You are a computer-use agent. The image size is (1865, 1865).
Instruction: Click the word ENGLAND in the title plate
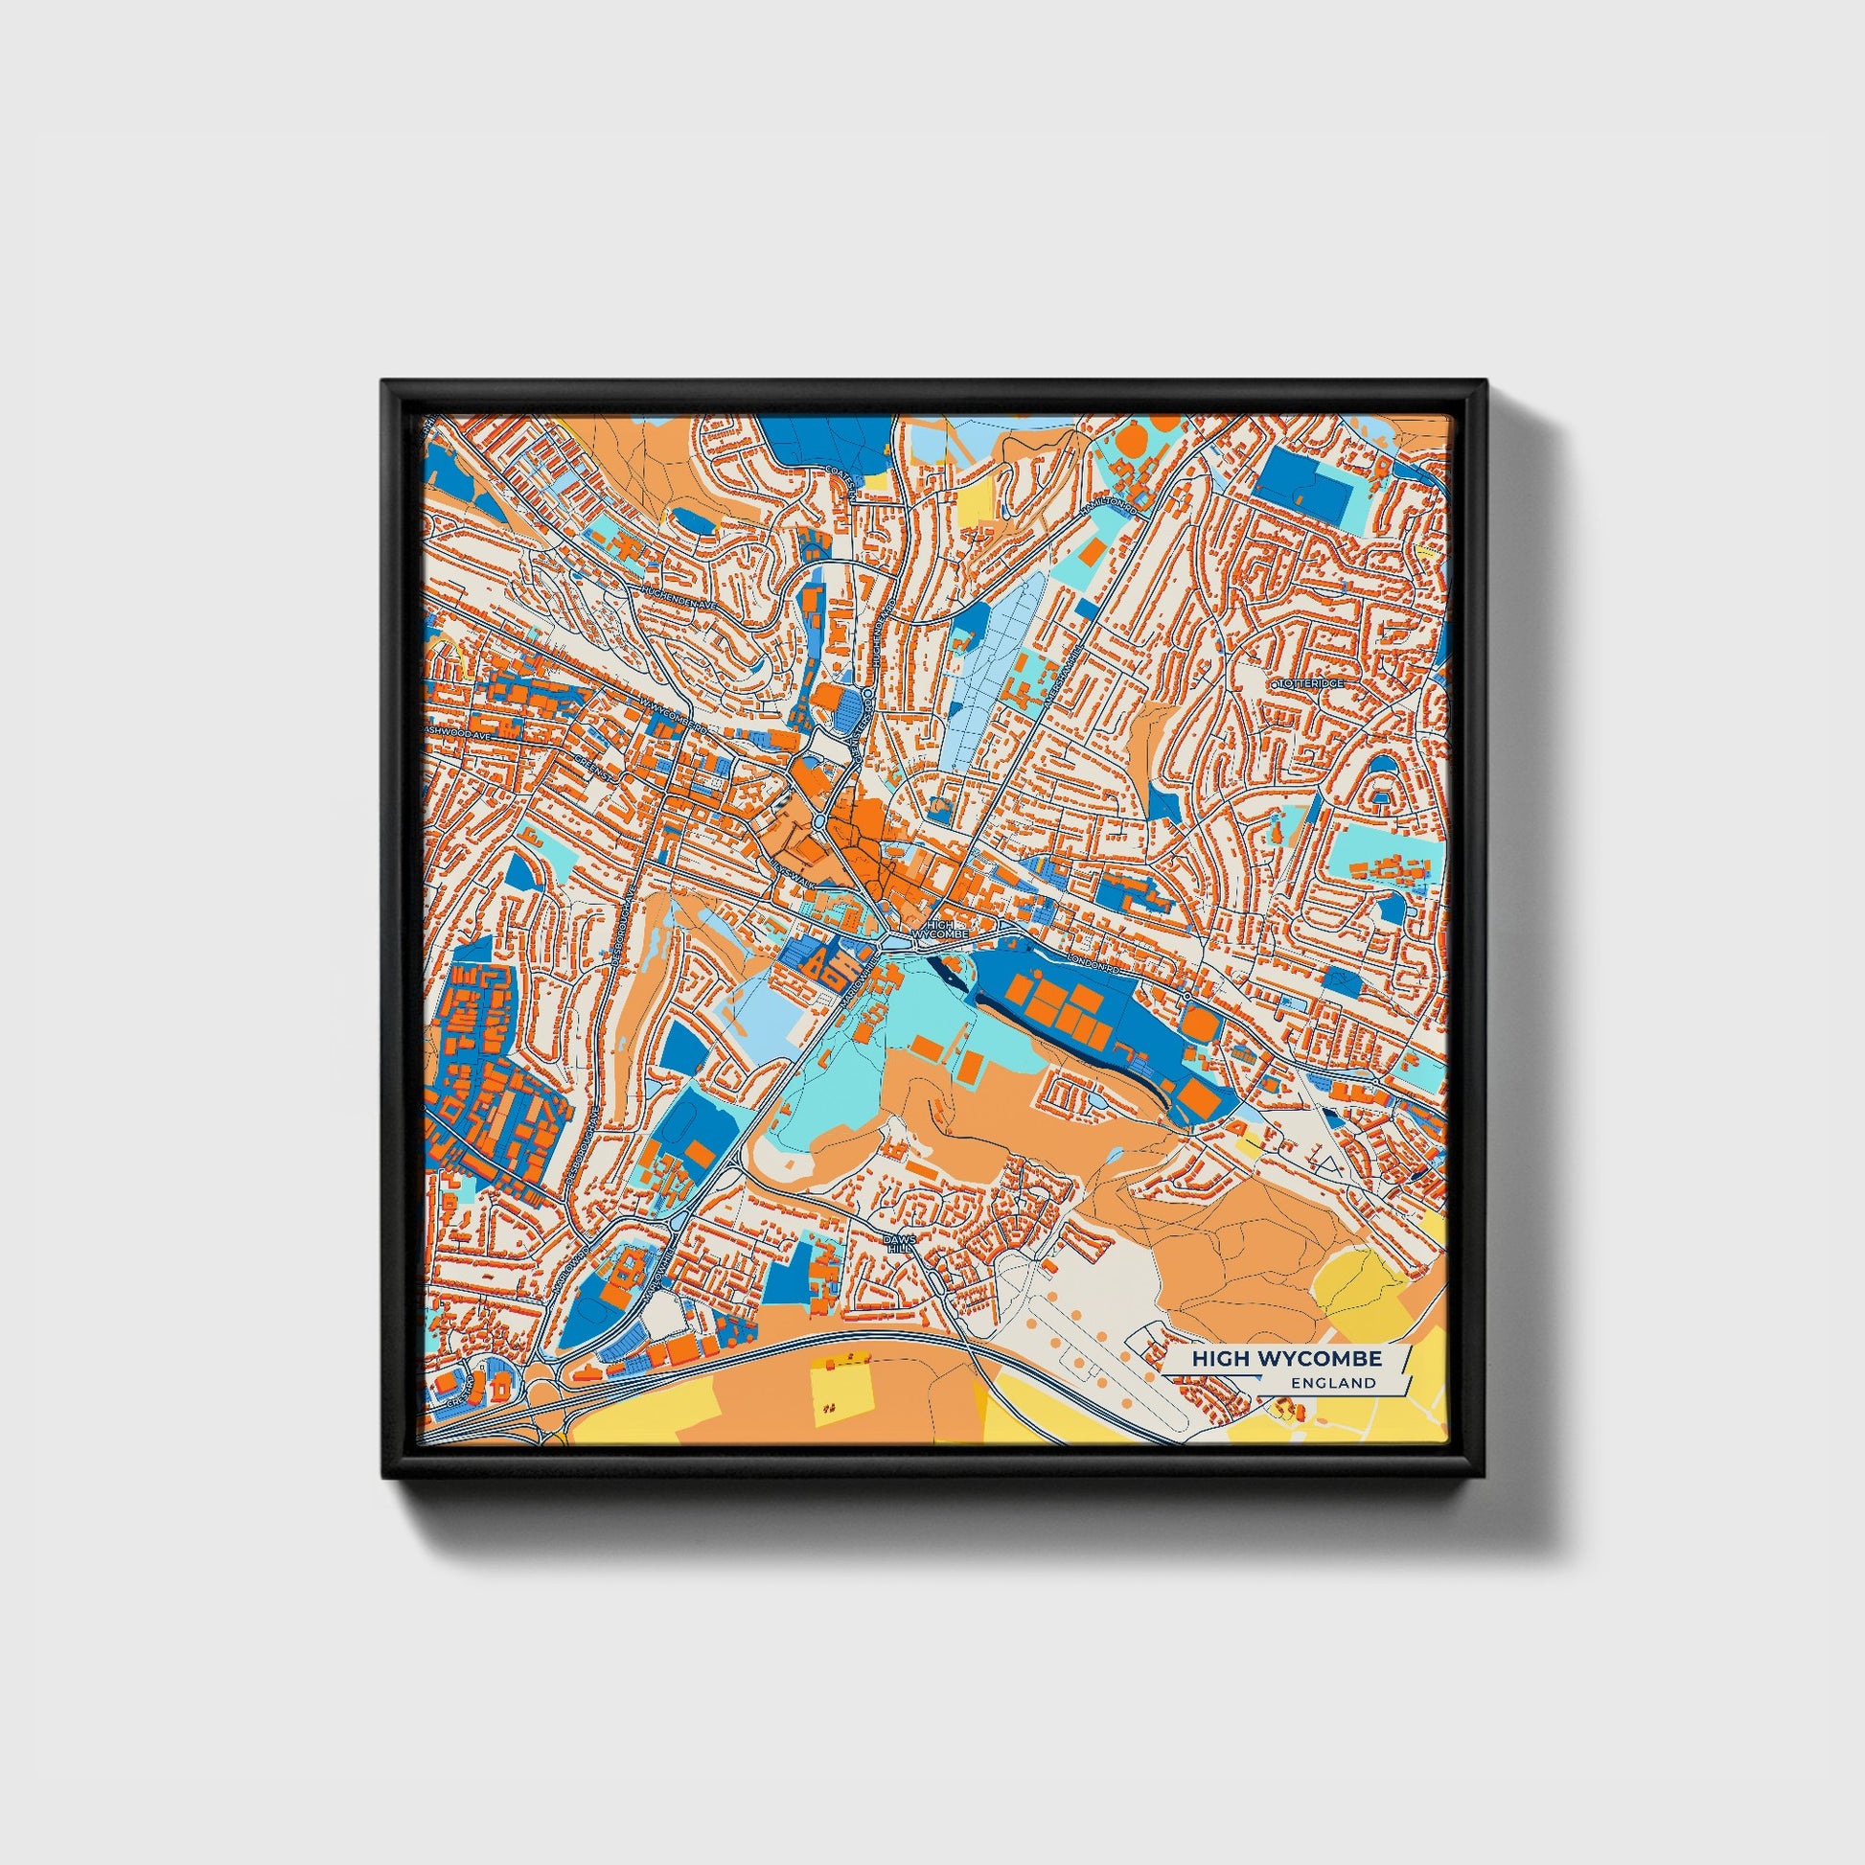(x=1337, y=1382)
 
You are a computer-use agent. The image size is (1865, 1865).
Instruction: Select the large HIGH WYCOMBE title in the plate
(x=1286, y=1358)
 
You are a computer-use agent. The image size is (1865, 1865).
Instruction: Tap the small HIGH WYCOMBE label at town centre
(x=938, y=930)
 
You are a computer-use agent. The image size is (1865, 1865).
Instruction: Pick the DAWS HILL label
(x=898, y=1241)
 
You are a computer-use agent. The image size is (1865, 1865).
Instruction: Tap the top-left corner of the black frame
(x=385, y=383)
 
